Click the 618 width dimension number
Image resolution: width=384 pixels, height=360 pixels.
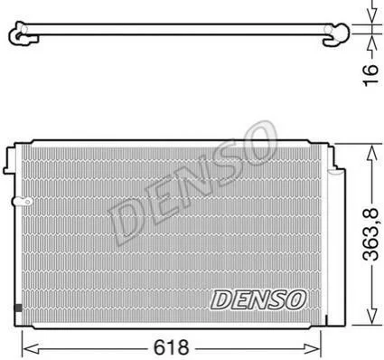171,347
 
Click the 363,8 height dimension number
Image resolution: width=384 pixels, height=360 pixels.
370,234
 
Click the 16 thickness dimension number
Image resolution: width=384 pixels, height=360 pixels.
370,75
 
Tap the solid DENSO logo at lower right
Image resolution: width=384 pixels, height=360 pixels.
258,299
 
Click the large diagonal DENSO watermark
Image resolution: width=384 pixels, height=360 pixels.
192,183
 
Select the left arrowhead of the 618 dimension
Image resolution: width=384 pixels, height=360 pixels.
31,348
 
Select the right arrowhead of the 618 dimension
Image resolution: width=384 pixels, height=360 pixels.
314,348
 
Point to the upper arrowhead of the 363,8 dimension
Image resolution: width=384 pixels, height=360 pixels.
373,153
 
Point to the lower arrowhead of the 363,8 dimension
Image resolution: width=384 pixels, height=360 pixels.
373,317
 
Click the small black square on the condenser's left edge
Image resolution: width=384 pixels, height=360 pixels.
18,308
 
